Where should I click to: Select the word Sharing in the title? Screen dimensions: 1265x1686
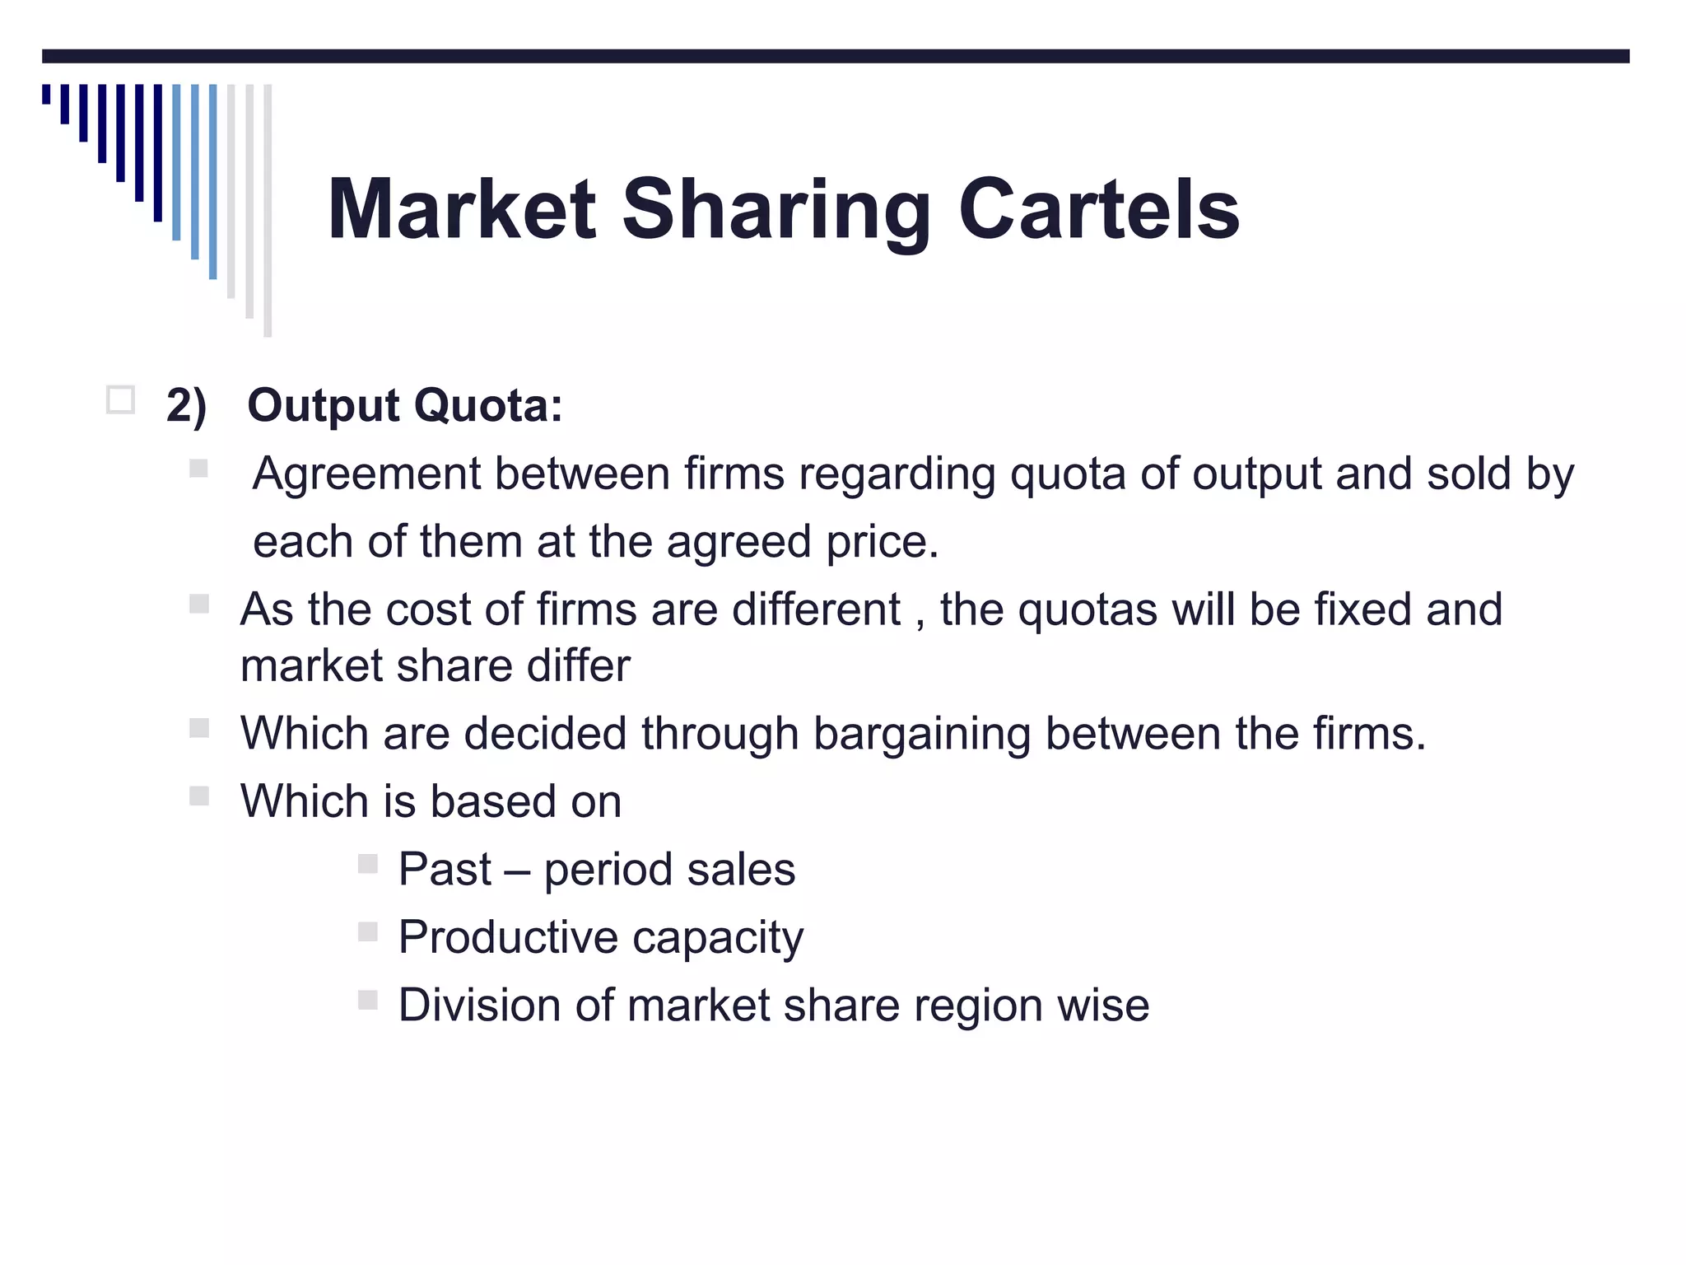pyautogui.click(x=775, y=212)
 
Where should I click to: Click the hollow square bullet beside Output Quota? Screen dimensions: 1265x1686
pyautogui.click(x=120, y=400)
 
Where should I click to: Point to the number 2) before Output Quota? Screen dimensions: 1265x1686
pyautogui.click(x=186, y=406)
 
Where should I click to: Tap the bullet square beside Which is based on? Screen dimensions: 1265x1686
pyautogui.click(x=199, y=796)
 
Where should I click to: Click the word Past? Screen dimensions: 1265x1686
pyautogui.click(x=445, y=870)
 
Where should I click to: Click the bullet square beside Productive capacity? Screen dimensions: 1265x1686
pyautogui.click(x=368, y=932)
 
